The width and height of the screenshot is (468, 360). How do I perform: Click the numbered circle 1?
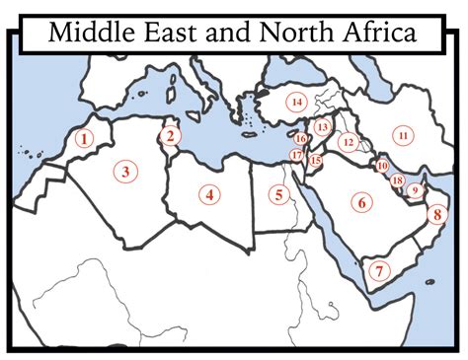(85, 139)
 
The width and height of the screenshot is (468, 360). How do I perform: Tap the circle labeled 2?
(170, 135)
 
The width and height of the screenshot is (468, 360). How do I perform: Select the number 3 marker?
(125, 173)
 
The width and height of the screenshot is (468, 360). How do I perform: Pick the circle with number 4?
(209, 194)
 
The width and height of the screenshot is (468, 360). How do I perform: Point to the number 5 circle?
(279, 194)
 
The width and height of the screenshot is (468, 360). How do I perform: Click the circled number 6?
(361, 202)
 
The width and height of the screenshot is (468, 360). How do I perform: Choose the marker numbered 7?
(376, 267)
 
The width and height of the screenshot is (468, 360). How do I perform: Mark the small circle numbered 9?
(415, 190)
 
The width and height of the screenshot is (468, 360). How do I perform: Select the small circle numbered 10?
(382, 166)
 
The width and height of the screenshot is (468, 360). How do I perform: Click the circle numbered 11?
(403, 134)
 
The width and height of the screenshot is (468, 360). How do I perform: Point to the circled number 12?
(348, 142)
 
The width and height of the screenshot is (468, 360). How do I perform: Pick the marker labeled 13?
(322, 127)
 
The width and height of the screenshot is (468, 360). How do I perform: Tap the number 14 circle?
(295, 102)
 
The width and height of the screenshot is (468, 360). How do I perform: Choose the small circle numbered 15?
(315, 160)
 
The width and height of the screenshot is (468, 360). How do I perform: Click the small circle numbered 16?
(300, 139)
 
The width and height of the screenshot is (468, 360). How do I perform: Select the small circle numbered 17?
(296, 155)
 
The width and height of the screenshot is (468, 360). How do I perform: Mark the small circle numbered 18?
(397, 180)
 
